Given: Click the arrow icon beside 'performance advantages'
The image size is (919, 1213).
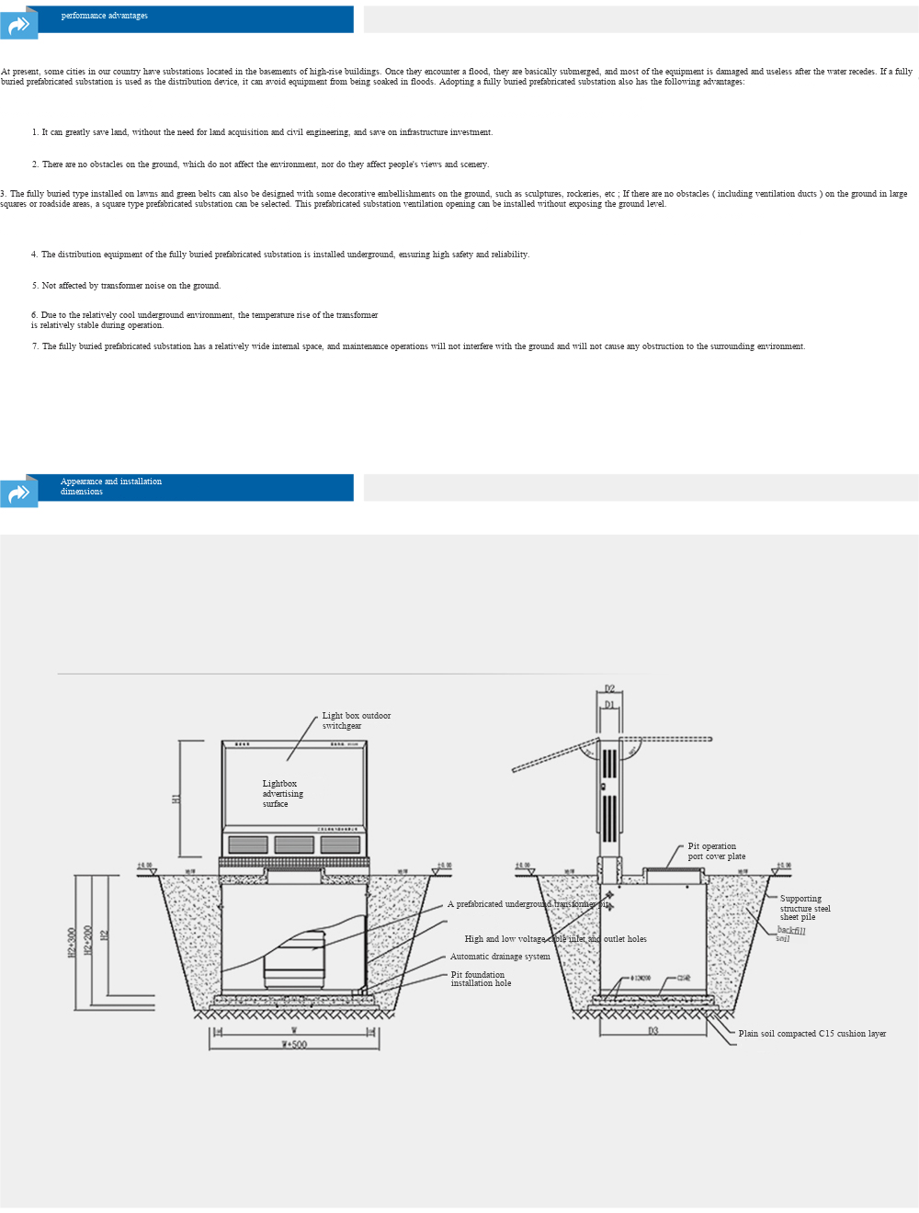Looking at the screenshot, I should pos(18,24).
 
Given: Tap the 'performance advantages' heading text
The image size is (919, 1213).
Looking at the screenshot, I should pos(104,16).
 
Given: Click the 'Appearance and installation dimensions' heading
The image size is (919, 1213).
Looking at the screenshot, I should pos(110,486).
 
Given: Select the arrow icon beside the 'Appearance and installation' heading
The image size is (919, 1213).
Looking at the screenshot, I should pos(18,493).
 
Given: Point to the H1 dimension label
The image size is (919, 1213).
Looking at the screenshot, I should pos(176,799).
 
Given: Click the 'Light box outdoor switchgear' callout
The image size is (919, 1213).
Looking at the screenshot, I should pos(356,720).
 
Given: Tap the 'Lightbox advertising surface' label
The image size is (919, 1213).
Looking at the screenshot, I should pos(282,794).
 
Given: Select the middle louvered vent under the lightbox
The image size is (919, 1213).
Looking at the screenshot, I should pos(294,845).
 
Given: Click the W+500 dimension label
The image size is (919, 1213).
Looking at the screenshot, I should pos(294,1045).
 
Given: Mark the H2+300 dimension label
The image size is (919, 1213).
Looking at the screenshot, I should pos(72,942).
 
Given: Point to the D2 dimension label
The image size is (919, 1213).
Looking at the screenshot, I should pos(609,688).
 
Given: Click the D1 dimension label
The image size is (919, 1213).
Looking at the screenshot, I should pos(609,705).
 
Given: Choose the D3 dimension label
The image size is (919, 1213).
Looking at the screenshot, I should pos(653,1031).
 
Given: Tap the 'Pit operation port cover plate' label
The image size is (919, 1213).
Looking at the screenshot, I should pos(716,851).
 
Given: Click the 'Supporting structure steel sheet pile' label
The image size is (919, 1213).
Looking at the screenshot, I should pos(804,908).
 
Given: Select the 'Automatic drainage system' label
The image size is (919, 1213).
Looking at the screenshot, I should pos(500,957).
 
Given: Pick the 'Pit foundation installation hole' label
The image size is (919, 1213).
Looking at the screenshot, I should pos(481,979).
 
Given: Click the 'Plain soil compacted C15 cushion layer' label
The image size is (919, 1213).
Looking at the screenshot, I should pos(811,1034).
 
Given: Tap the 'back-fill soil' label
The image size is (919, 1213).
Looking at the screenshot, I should pos(790,934).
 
